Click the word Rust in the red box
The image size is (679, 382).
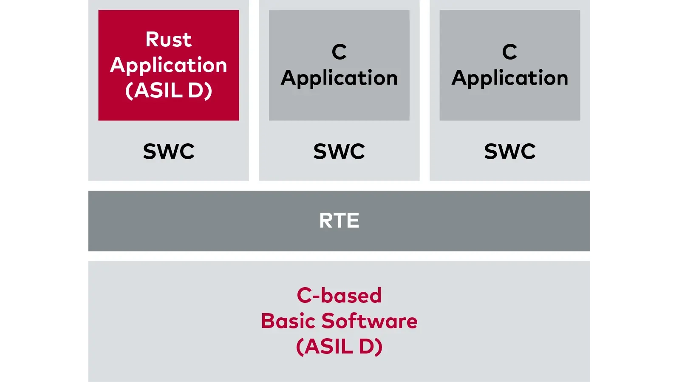tap(169, 40)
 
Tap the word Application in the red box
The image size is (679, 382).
tap(169, 66)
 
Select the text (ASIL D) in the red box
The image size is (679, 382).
tap(169, 91)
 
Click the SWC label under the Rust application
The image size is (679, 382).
tap(169, 151)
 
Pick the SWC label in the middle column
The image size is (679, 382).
tap(339, 151)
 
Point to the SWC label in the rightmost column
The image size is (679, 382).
tap(509, 151)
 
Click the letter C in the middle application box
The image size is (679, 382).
tap(339, 52)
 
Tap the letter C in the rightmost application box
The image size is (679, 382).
tap(509, 52)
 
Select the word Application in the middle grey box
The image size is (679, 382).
tap(339, 78)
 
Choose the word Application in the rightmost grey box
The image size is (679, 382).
tap(509, 78)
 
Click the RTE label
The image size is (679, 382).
tap(339, 221)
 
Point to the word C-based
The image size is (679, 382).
tap(339, 296)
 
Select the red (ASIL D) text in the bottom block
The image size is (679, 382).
tap(339, 347)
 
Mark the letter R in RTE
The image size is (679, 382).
tap(326, 221)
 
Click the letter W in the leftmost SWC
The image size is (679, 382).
tap(169, 151)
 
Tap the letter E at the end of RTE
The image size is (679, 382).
tap(353, 221)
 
